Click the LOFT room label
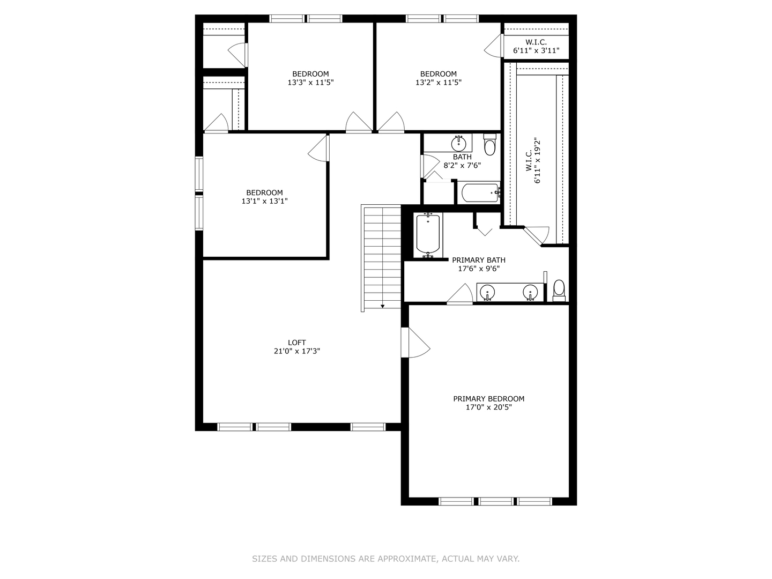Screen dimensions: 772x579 click(296, 343)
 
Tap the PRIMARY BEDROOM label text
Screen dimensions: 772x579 click(488, 399)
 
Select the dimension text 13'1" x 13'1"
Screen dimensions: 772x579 click(264, 201)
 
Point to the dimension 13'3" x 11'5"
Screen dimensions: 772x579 click(310, 82)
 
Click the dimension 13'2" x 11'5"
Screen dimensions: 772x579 click(438, 82)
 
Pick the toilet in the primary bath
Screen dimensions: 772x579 click(559, 291)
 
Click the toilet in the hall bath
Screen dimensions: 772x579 click(489, 145)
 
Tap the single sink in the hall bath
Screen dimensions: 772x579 click(459, 143)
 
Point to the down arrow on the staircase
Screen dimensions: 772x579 click(382, 307)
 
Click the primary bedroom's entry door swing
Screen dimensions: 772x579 click(415, 343)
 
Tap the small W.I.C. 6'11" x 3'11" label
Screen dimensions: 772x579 click(536, 47)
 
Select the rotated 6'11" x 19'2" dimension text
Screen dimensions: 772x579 click(537, 160)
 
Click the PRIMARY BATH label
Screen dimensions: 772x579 click(478, 260)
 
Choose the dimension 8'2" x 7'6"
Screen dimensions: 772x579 click(462, 165)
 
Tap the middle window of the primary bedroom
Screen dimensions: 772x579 click(496, 501)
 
